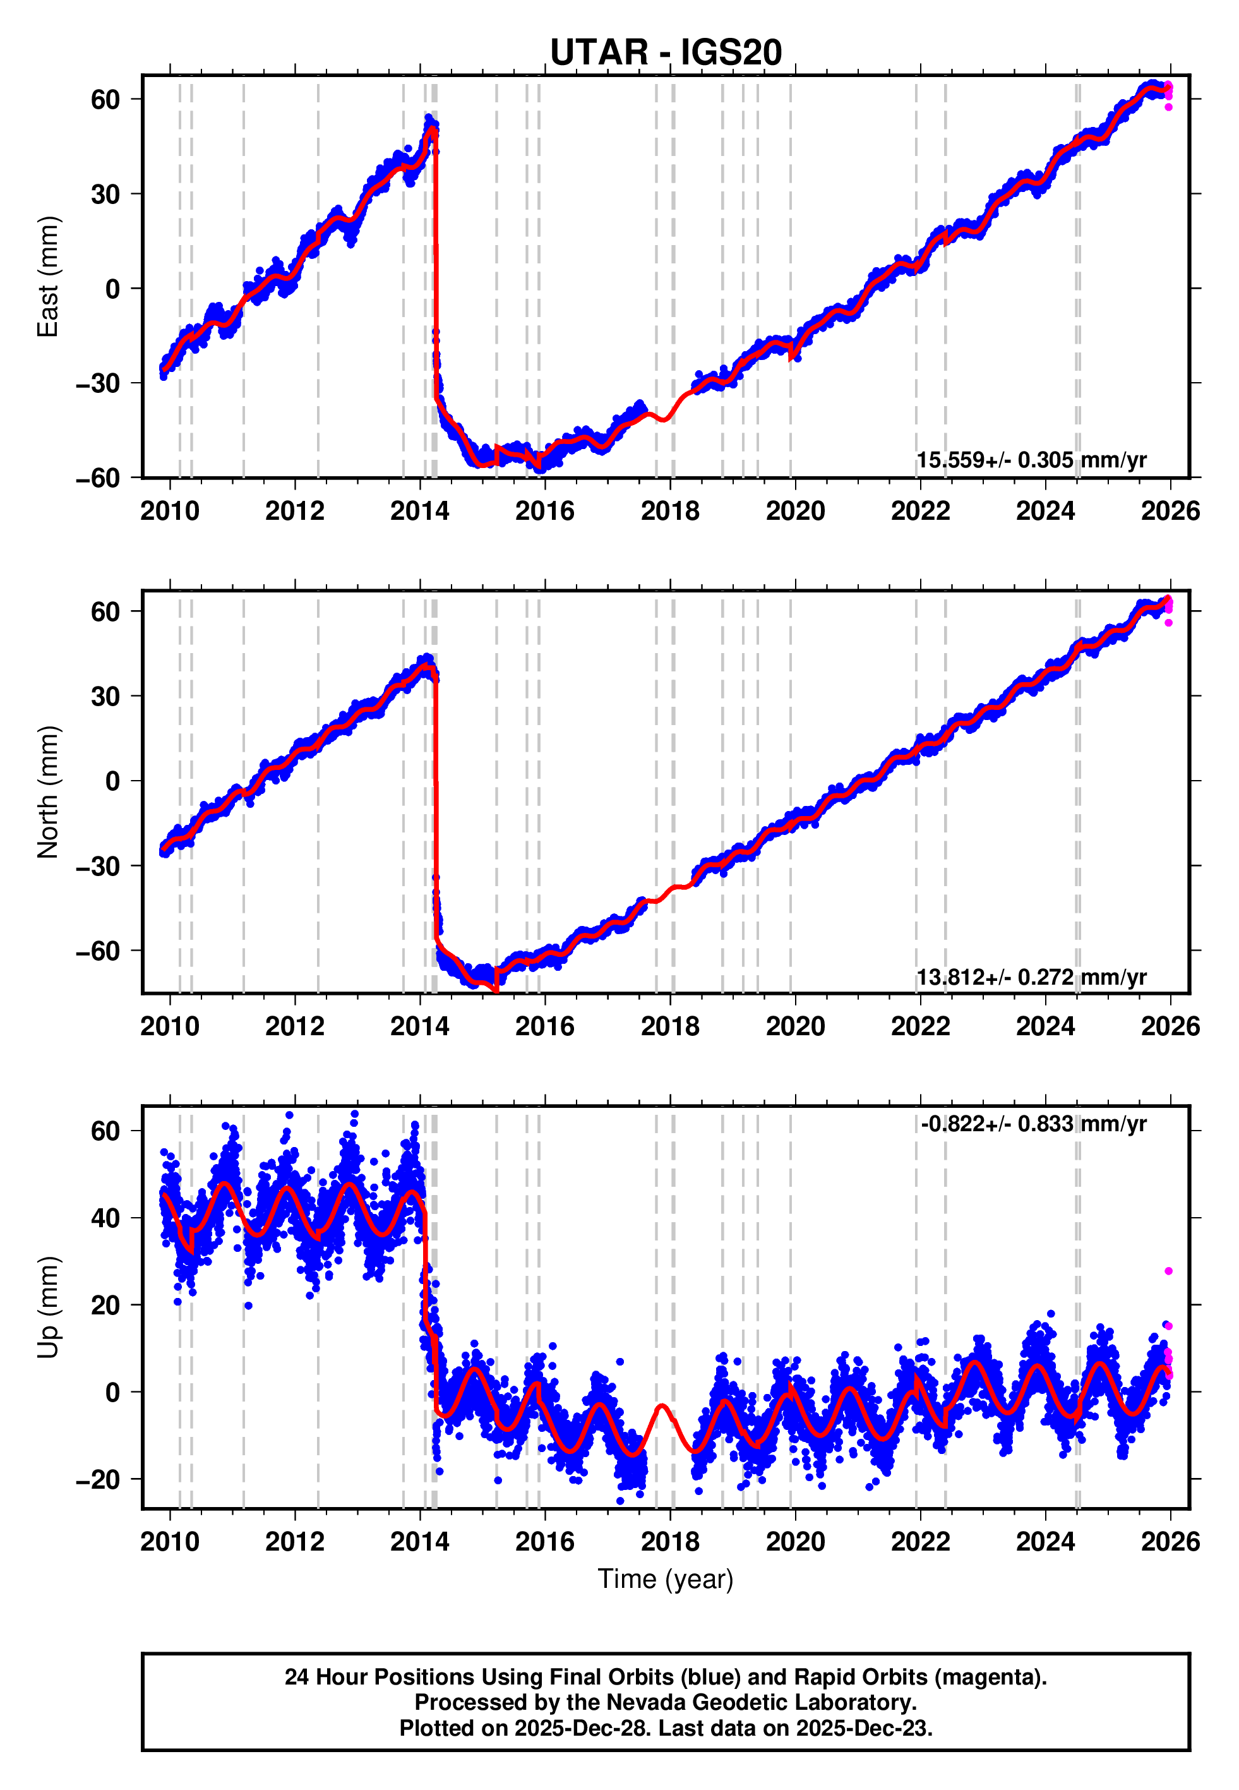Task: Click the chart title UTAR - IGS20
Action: tap(666, 53)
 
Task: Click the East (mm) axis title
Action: tap(48, 277)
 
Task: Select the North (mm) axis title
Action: tap(48, 792)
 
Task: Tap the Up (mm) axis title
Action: tap(48, 1307)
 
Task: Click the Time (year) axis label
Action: tap(666, 1579)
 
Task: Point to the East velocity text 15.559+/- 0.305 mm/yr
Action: tap(1031, 460)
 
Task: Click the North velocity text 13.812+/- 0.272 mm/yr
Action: tap(1031, 976)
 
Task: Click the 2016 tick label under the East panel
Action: tap(544, 511)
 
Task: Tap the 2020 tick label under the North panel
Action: tap(795, 1026)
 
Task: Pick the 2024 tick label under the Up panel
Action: tap(1045, 1542)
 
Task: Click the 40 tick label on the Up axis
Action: tap(105, 1218)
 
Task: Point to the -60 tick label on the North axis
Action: tap(98, 950)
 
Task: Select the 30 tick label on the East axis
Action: tap(105, 194)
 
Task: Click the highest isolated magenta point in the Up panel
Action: tap(1168, 1271)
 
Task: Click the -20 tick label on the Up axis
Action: tap(98, 1479)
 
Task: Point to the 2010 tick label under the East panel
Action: tap(169, 511)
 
